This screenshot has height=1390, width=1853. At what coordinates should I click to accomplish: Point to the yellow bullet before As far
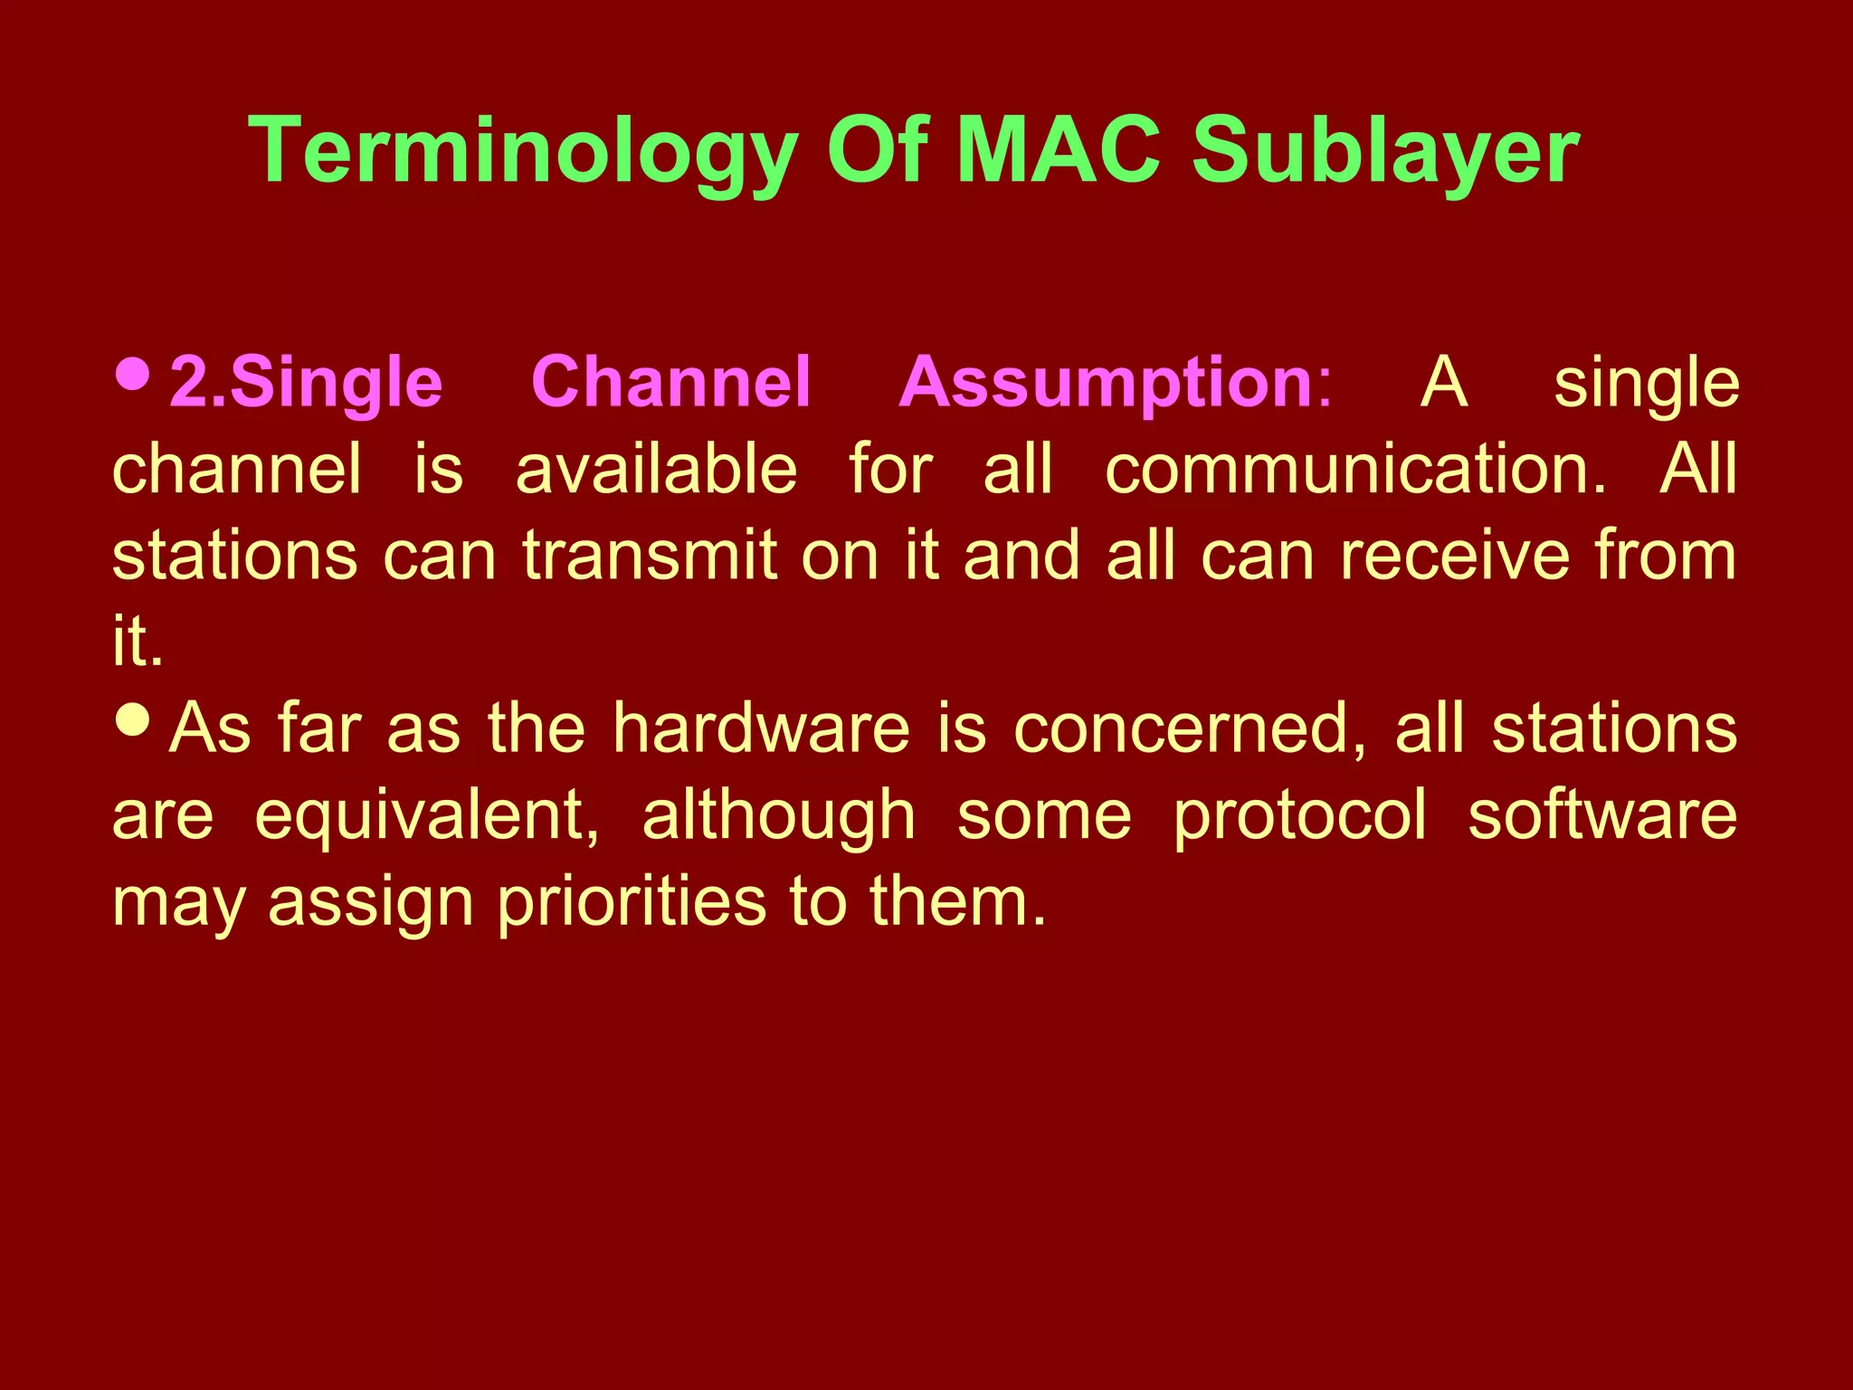(x=134, y=719)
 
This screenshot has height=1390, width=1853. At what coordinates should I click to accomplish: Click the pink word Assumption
(x=1106, y=383)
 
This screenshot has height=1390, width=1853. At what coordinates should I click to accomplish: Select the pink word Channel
(x=670, y=381)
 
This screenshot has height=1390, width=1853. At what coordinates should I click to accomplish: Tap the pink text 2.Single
(x=306, y=383)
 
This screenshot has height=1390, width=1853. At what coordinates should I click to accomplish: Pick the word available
(x=656, y=469)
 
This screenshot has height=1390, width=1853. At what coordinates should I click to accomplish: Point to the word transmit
(x=650, y=555)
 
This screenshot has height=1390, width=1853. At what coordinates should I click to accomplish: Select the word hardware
(x=761, y=728)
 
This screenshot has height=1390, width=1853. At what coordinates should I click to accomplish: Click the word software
(x=1601, y=814)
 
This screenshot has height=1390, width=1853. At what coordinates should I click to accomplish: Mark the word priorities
(x=631, y=902)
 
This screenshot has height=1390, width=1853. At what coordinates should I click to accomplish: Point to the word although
(x=779, y=814)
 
